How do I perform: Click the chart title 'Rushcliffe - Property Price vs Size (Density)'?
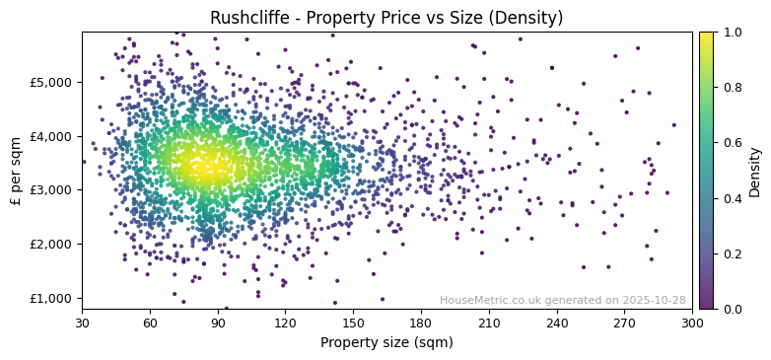click(x=386, y=18)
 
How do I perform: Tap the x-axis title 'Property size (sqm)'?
click(x=386, y=342)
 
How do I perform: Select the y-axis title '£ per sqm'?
click(x=16, y=171)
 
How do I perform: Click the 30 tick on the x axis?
click(x=82, y=323)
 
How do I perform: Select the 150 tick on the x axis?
click(x=353, y=323)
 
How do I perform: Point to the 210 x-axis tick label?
click(x=489, y=323)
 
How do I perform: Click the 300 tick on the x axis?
click(x=692, y=323)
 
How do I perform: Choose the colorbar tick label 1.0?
click(x=733, y=33)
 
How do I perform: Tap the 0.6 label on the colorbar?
click(x=733, y=143)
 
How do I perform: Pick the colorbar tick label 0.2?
click(x=733, y=253)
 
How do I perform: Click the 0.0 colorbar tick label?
click(x=733, y=309)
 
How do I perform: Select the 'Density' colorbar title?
click(x=755, y=171)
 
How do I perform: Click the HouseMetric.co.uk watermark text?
click(x=562, y=300)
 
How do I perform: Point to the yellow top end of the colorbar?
click(x=706, y=36)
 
